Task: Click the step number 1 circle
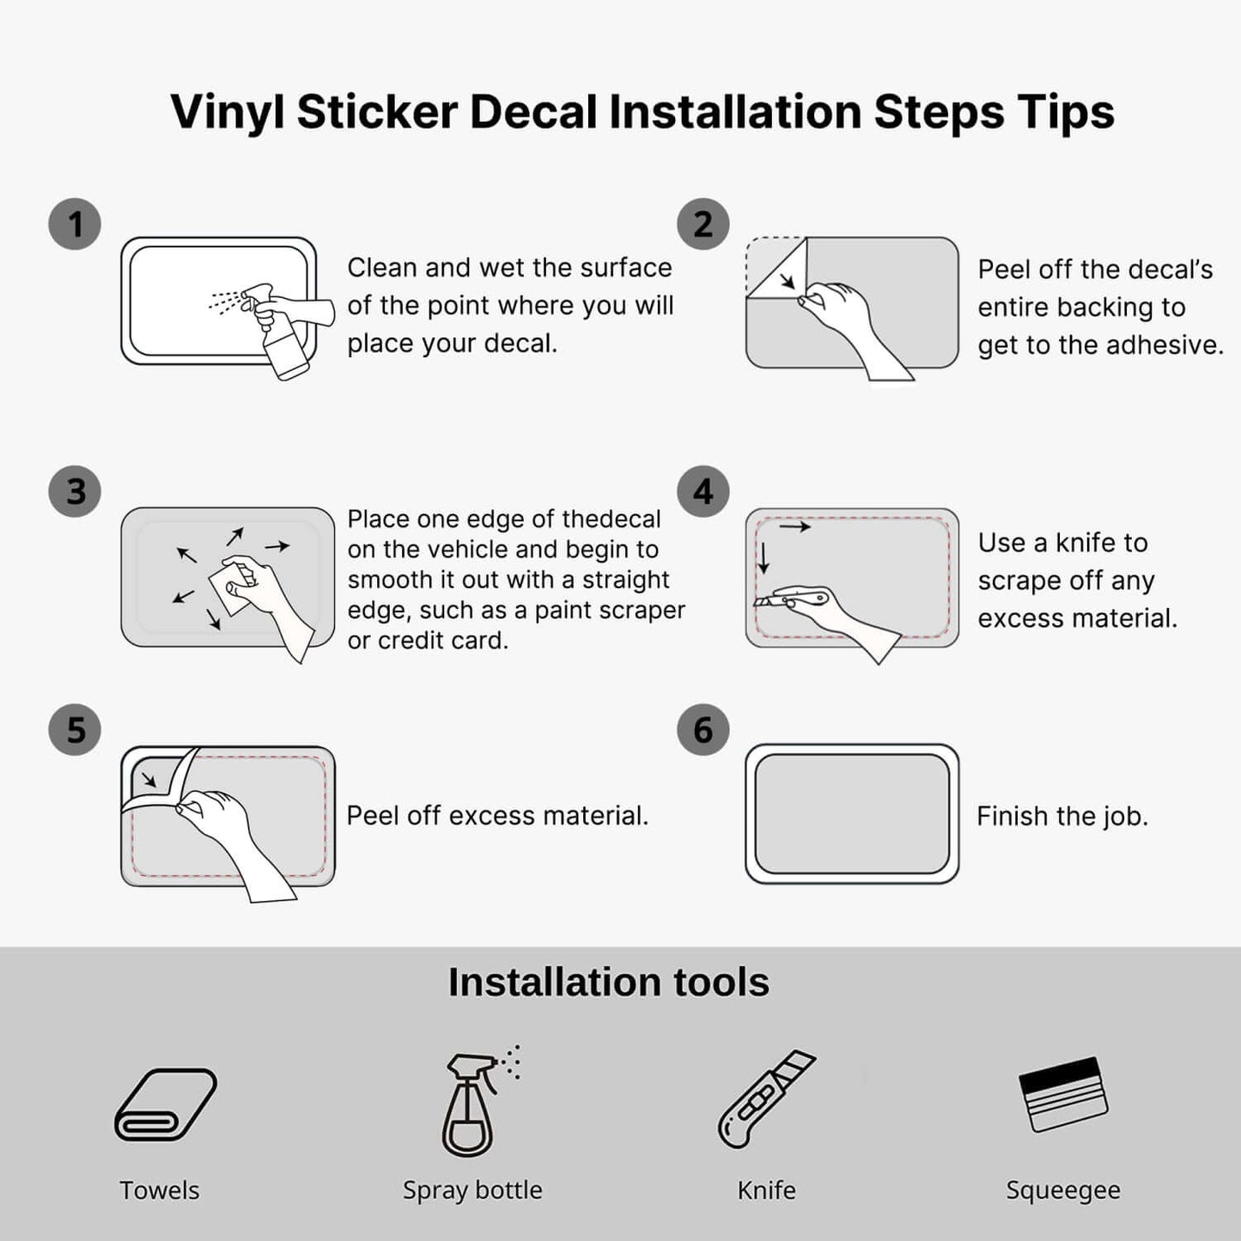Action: tap(75, 223)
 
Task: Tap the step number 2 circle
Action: tap(703, 223)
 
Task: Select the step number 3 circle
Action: tap(75, 491)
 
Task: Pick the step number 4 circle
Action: tap(703, 491)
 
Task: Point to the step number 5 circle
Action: tap(75, 730)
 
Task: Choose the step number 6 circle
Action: tap(703, 730)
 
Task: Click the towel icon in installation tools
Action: tap(166, 1104)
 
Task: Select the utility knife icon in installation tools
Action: tap(766, 1099)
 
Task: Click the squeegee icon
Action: tap(1063, 1094)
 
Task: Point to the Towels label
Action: tap(160, 1190)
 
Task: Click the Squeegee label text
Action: tap(1063, 1191)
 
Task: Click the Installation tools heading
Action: tap(609, 982)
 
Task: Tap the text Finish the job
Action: tap(1062, 816)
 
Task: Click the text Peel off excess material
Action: tap(497, 815)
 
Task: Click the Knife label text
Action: tap(766, 1190)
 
